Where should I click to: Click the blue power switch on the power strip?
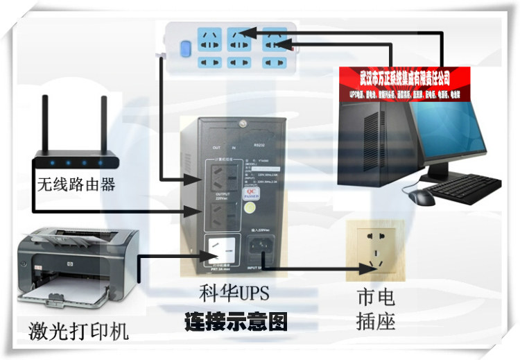184,49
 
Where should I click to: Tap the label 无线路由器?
76,185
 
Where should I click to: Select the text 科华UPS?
235,293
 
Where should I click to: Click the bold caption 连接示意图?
236,322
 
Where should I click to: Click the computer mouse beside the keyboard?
422,197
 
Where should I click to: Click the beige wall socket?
375,250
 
